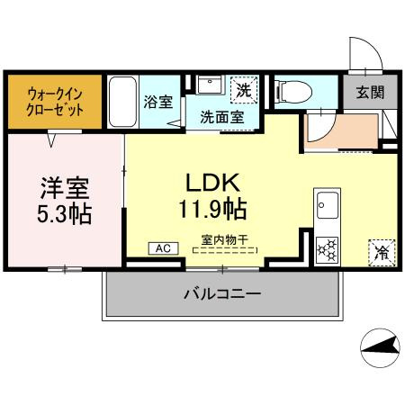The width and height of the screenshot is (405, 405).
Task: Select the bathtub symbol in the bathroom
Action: tap(122, 101)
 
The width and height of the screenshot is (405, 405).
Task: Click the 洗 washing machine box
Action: tap(242, 89)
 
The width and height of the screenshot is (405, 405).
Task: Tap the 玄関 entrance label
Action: tap(365, 92)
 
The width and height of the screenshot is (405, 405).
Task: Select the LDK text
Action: tap(212, 184)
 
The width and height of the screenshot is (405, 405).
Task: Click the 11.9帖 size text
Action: tap(212, 210)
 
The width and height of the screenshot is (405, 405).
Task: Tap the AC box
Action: tap(163, 247)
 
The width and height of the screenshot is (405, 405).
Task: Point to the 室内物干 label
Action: tap(223, 241)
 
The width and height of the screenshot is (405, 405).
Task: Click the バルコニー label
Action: tap(222, 294)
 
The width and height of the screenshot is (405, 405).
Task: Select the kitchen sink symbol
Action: tap(325, 204)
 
